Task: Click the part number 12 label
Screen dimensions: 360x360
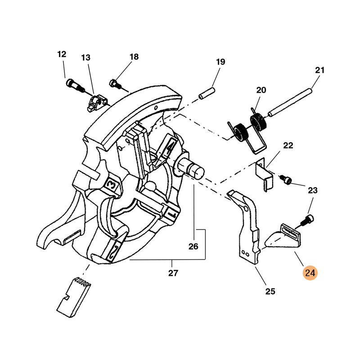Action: coord(62,54)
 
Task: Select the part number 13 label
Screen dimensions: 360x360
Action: coord(86,58)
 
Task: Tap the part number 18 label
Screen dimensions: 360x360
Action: coord(134,57)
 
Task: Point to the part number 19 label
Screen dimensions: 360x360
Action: coord(220,62)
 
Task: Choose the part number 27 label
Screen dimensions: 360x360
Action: coord(173,273)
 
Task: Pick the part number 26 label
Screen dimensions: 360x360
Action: coord(193,246)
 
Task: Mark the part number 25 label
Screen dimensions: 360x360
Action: coord(270,292)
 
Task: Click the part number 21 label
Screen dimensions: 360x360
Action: coord(319,70)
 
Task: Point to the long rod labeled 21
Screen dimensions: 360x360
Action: coord(290,102)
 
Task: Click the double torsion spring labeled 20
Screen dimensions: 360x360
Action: coord(247,128)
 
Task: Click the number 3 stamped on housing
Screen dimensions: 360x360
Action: coord(111,185)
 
